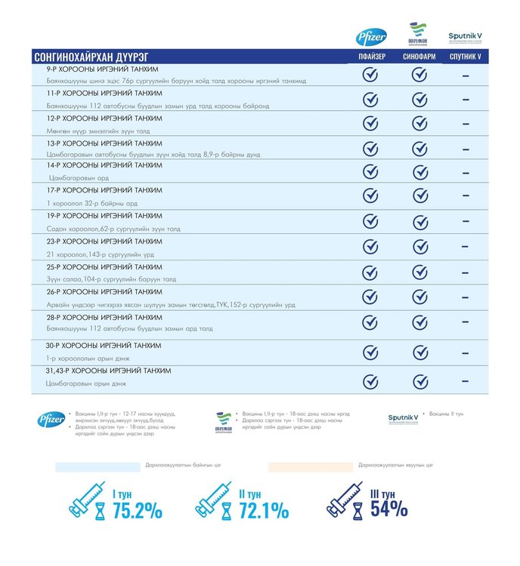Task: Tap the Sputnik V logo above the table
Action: [465, 36]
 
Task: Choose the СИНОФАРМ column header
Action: [419, 57]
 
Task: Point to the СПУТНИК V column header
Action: [465, 57]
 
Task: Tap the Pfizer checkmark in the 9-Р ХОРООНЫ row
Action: [370, 75]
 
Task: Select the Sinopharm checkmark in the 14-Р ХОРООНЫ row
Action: [419, 171]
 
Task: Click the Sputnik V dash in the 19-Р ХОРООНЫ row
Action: [465, 221]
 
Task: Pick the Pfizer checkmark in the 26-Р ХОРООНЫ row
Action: [370, 296]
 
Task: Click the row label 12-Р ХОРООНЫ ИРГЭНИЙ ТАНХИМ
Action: [104, 118]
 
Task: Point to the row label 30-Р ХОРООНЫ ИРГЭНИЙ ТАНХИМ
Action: [104, 345]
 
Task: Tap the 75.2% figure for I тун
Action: [137, 511]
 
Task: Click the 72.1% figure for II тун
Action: [263, 511]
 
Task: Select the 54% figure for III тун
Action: [388, 509]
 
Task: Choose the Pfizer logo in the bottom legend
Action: [51, 419]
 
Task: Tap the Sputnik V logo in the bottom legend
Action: [403, 418]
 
